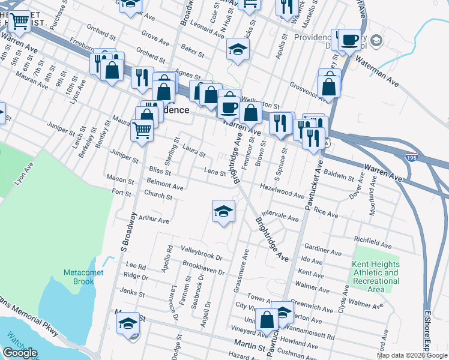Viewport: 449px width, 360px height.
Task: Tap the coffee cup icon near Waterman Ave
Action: [349, 40]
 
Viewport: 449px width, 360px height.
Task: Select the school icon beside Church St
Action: [223, 211]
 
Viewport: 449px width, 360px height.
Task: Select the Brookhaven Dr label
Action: [204, 268]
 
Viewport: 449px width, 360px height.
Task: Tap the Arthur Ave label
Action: [154, 220]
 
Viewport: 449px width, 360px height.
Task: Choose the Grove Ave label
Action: [155, 39]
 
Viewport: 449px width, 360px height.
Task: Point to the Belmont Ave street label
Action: [165, 184]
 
